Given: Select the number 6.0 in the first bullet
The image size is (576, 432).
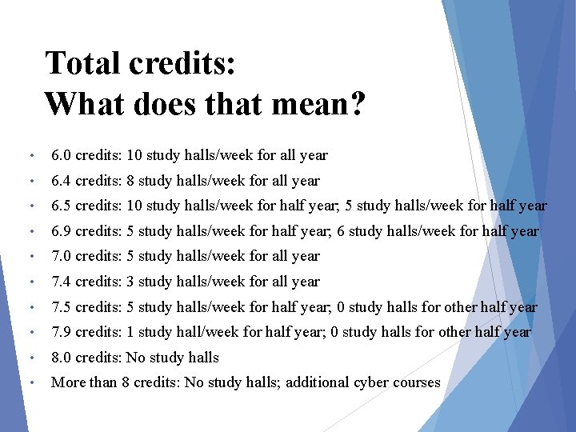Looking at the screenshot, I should coord(62,155).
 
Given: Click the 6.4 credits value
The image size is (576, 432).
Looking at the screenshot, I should coord(62,181).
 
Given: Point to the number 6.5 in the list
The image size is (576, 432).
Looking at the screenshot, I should coord(62,206).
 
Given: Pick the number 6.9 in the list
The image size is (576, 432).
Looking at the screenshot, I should coord(62,231).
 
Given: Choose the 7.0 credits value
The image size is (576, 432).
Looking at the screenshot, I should coord(62,256).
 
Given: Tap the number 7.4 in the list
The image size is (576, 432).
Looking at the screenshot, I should coord(62,282).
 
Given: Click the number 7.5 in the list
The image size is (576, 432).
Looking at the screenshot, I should coord(62,307).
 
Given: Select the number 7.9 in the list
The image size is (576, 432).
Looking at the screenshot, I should coord(62,332).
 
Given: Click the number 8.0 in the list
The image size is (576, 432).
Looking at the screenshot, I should coord(62,358).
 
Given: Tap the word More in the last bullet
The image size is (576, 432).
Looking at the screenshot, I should coord(68,382).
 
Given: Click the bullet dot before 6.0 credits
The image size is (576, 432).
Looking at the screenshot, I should coord(30,155).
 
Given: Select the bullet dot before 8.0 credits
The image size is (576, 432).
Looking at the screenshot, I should coord(30,358).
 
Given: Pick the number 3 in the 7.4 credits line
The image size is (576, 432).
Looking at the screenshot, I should coord(130,282).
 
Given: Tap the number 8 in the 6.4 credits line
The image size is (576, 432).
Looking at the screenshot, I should coord(130,181).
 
